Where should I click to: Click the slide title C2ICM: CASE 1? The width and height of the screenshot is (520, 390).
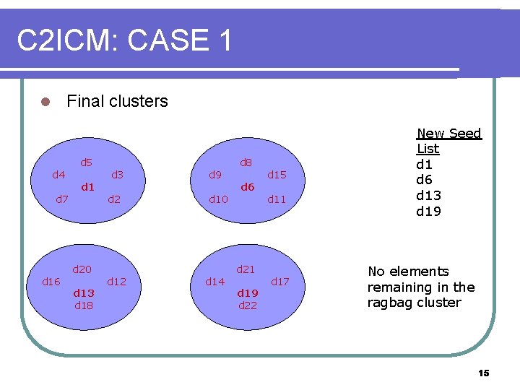coord(124,40)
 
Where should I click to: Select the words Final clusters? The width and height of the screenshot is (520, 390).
coord(117,101)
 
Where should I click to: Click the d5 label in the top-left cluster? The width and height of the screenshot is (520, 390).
coord(86,162)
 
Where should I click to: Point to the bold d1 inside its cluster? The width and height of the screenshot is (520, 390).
coord(87,187)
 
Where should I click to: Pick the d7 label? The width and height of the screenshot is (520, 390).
coord(63,199)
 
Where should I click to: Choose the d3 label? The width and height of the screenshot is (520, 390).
coord(117,175)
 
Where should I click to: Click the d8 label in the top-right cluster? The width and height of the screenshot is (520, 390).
coord(246,162)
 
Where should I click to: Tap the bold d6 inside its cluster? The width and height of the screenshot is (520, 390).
coord(247,187)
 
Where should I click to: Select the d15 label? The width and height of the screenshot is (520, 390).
coord(277,175)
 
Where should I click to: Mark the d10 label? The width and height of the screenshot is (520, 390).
coord(218,199)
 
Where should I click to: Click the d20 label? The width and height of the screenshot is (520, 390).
coord(82,269)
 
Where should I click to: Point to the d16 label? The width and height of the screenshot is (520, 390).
coord(51,282)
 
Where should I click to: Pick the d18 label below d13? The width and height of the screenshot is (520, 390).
coord(84,305)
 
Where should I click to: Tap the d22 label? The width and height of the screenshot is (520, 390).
coord(248,305)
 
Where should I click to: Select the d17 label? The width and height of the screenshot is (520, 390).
coord(279,282)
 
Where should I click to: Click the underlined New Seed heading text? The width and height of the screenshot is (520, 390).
coord(448,134)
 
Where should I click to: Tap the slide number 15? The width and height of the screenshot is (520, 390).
coord(483,373)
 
